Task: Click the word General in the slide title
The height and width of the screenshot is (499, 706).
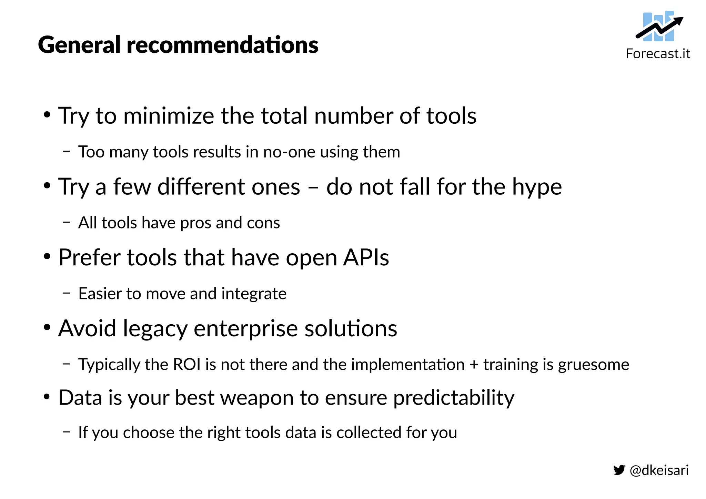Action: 79,45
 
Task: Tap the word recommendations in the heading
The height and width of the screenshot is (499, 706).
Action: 222,45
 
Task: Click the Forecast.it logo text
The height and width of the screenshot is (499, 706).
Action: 658,54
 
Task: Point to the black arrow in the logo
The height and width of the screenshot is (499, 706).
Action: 659,28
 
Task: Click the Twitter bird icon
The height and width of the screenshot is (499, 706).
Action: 619,470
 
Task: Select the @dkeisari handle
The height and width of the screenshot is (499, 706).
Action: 659,470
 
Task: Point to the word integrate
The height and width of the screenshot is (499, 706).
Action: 254,294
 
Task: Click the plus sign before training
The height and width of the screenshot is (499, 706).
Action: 474,365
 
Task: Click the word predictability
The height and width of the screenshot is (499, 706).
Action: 454,398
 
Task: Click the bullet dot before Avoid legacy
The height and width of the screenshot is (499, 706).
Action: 47,327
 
